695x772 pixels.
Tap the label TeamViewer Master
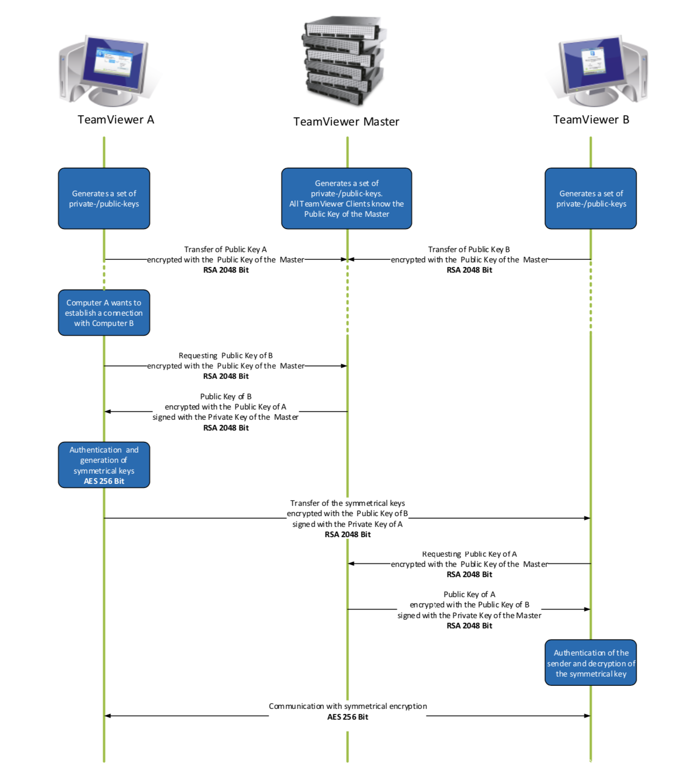346,122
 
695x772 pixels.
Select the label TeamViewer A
116,120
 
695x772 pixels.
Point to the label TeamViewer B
591,120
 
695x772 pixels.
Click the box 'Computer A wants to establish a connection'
104,313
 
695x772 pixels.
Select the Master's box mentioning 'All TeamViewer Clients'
346,198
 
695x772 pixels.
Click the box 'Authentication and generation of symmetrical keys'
104,465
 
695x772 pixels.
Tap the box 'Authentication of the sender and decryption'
590,663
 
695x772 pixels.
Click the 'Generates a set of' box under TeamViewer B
590,198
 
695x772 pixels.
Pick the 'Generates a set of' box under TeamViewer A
104,198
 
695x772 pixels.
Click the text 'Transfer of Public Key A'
226,250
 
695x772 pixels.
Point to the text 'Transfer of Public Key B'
469,250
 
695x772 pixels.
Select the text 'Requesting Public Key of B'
226,356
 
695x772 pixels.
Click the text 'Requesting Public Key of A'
469,554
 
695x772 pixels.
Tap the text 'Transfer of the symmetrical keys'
347,503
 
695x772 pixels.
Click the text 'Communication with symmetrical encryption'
347,706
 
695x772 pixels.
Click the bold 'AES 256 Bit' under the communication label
347,717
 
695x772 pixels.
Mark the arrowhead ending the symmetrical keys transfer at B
587,518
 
